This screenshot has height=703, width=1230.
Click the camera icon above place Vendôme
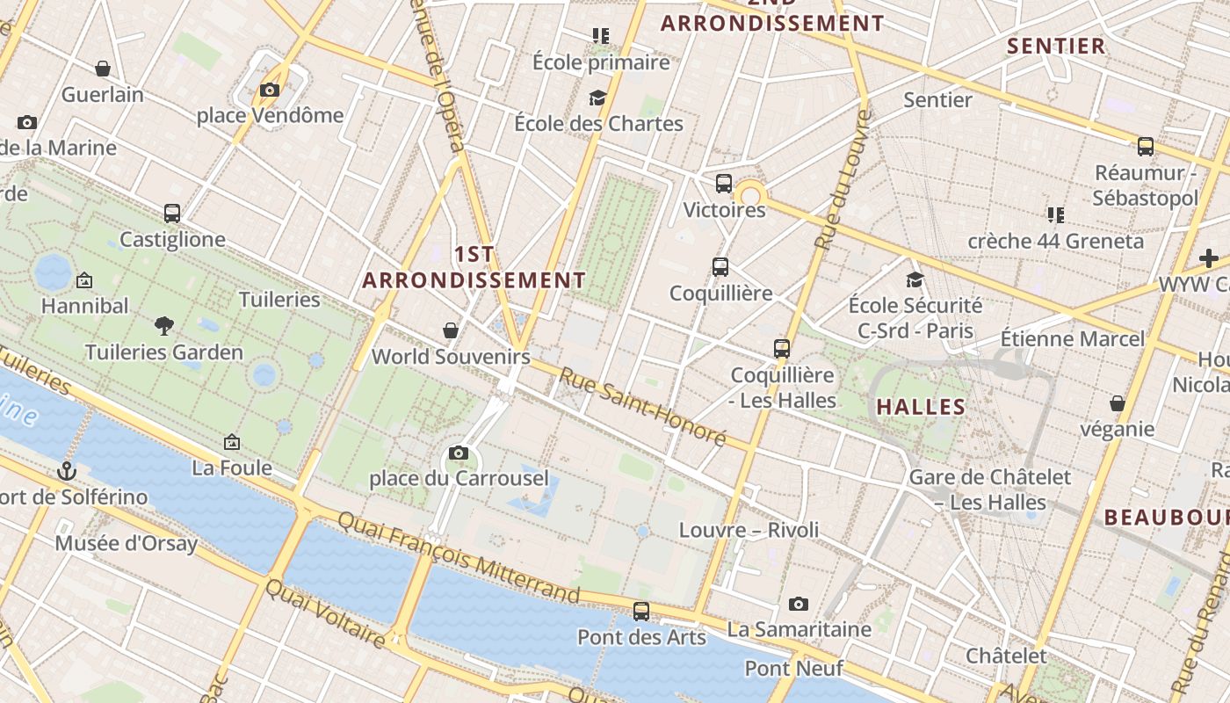pyautogui.click(x=270, y=90)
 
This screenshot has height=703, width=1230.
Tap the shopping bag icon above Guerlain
pyautogui.click(x=103, y=69)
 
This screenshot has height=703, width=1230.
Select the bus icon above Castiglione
pyautogui.click(x=172, y=214)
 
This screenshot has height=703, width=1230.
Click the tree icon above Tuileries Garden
pyautogui.click(x=163, y=326)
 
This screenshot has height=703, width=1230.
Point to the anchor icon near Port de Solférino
pyautogui.click(x=67, y=472)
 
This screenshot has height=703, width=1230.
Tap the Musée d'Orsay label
pyautogui.click(x=127, y=543)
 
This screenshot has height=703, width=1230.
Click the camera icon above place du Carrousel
pyautogui.click(x=459, y=453)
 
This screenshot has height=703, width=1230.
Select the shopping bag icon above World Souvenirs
pyautogui.click(x=451, y=330)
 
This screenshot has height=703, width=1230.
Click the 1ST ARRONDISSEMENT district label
pyautogui.click(x=474, y=267)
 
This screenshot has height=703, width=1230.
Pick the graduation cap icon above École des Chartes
pyautogui.click(x=598, y=98)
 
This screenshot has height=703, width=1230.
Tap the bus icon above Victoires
pyautogui.click(x=724, y=184)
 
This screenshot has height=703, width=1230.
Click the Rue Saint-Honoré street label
pyautogui.click(x=644, y=406)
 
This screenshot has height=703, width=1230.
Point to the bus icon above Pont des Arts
pyautogui.click(x=642, y=611)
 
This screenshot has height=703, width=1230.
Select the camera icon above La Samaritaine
pyautogui.click(x=799, y=604)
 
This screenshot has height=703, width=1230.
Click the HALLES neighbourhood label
pyautogui.click(x=921, y=407)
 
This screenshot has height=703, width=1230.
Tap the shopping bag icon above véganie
pyautogui.click(x=1118, y=403)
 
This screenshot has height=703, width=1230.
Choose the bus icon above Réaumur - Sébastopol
pyautogui.click(x=1146, y=147)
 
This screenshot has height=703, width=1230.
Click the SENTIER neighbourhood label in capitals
pyautogui.click(x=1056, y=47)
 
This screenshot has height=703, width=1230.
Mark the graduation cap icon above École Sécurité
pyautogui.click(x=915, y=279)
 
